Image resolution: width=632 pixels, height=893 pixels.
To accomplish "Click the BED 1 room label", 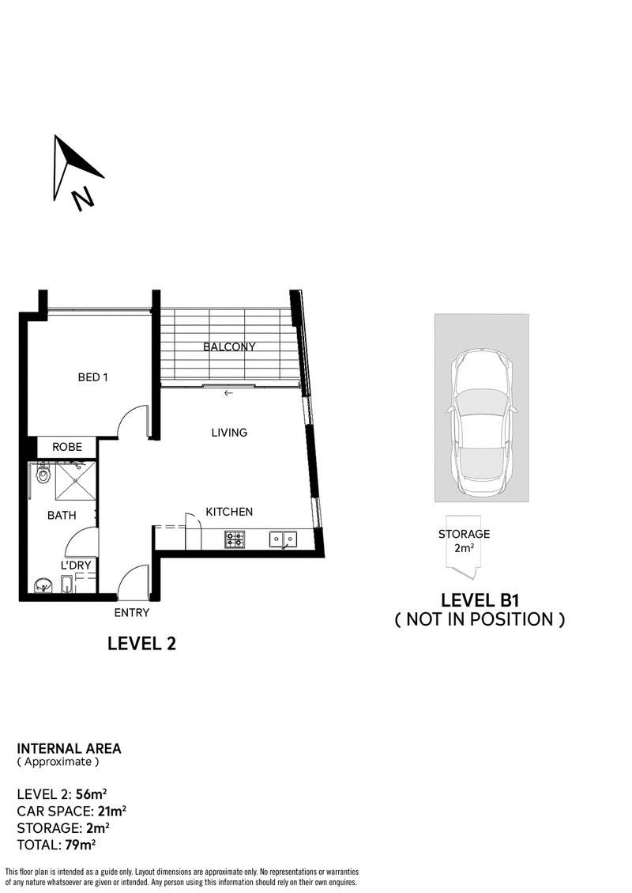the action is (92, 377).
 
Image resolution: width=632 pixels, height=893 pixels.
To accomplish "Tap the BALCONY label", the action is (229, 346).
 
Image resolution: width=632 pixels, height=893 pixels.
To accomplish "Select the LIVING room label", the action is (229, 433).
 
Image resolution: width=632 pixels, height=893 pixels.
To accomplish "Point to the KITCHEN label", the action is (229, 512).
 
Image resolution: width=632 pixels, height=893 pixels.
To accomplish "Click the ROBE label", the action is (67, 447).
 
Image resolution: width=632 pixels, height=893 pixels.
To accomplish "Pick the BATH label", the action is (62, 516).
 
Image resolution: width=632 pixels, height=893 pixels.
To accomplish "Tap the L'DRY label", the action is (76, 566).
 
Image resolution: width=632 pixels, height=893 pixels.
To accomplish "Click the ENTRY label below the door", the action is (131, 613).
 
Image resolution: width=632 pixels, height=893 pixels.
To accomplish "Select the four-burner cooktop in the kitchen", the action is (235, 539).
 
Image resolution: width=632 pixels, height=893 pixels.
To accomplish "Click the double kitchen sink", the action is (284, 539).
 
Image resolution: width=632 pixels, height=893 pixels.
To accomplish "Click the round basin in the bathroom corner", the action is (42, 585).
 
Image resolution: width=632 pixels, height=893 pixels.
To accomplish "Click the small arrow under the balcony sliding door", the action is (228, 393).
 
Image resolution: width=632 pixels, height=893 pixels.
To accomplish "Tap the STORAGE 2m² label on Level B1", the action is (465, 541).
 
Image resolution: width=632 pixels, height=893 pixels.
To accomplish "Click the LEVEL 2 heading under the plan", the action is (141, 644).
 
